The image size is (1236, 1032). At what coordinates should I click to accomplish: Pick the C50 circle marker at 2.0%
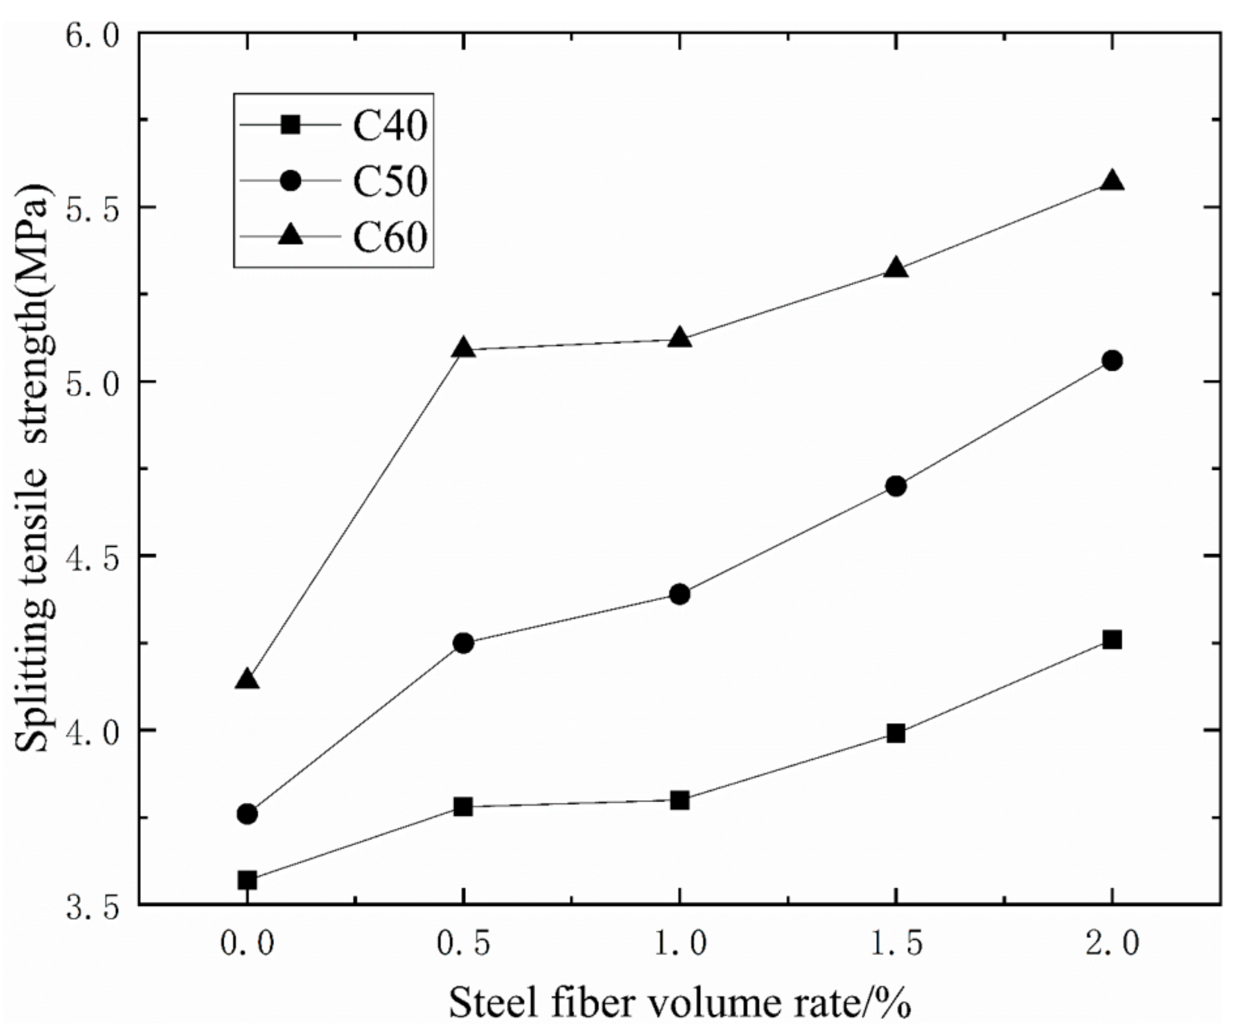point(1112,361)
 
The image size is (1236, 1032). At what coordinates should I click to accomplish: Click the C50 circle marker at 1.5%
point(896,486)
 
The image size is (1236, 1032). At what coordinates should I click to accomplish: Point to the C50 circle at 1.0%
point(680,594)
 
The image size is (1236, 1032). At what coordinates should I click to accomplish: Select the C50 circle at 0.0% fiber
point(247,815)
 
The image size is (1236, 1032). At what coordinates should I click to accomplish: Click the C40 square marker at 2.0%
point(1112,640)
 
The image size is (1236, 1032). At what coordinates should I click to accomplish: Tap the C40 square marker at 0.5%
point(464,806)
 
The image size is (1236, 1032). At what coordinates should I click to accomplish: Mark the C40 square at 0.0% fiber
point(247,881)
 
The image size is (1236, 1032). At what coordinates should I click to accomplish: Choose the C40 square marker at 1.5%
point(896,734)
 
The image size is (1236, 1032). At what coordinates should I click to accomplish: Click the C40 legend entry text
point(389,126)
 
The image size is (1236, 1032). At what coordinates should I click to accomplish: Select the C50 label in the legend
point(389,181)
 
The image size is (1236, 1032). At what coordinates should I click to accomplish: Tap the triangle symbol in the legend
point(290,236)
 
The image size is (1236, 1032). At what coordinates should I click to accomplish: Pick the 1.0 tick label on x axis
point(680,944)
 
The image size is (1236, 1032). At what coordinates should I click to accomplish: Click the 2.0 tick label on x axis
point(1112,944)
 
